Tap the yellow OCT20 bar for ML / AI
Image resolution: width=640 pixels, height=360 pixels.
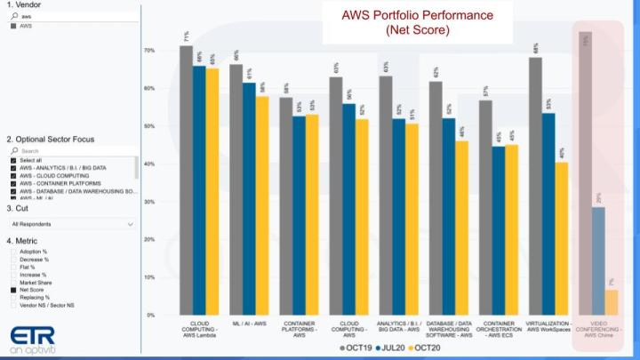tap(262, 204)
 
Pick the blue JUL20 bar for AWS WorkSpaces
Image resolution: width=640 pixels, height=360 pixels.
tap(549, 213)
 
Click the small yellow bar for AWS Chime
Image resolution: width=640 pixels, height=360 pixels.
tap(612, 302)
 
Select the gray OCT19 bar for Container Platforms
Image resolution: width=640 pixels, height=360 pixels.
tap(286, 205)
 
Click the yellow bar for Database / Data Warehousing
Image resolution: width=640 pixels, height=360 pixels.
tap(462, 227)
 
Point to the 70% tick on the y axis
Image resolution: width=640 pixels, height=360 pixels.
tap(150, 52)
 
